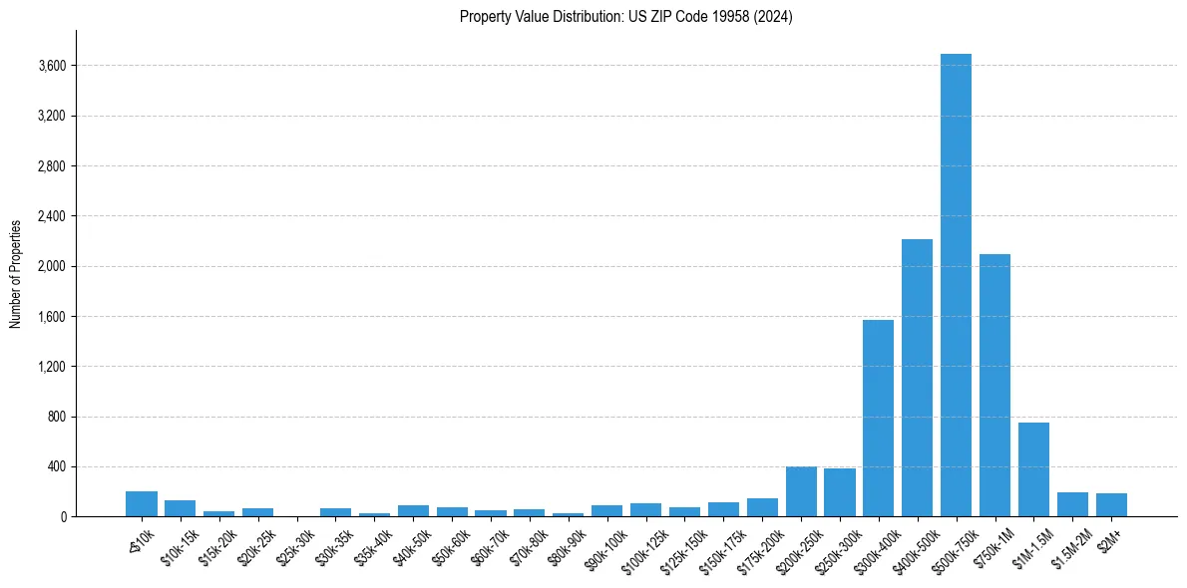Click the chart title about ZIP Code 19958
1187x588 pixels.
pyautogui.click(x=625, y=17)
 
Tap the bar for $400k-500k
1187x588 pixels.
pyautogui.click(x=917, y=378)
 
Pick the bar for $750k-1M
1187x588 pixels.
pyautogui.click(x=994, y=385)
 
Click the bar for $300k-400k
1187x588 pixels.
pyautogui.click(x=878, y=418)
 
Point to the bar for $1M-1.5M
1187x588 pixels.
pyautogui.click(x=1033, y=469)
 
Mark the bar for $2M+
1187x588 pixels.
pyautogui.click(x=1111, y=504)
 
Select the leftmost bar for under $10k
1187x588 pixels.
pyautogui.click(x=142, y=503)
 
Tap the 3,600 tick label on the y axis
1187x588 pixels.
pyautogui.click(x=51, y=66)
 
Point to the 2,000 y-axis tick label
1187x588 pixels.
pyautogui.click(x=51, y=266)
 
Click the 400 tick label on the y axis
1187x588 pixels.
pyautogui.click(x=56, y=466)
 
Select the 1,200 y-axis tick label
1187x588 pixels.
pyautogui.click(x=51, y=367)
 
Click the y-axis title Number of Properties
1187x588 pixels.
pyautogui.click(x=16, y=273)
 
